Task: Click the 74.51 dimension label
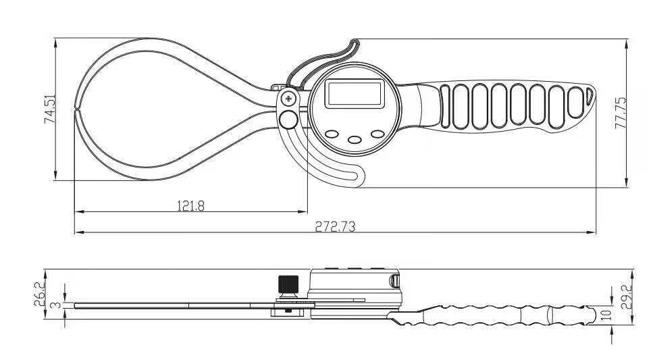49,109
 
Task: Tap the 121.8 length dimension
190,206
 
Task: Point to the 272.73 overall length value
335,227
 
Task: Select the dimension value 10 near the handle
606,313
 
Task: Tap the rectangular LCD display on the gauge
354,93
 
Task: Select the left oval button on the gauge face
332,134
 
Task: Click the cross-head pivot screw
289,99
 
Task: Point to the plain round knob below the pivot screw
289,120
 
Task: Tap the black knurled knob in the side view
288,284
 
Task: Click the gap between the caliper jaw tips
78,108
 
